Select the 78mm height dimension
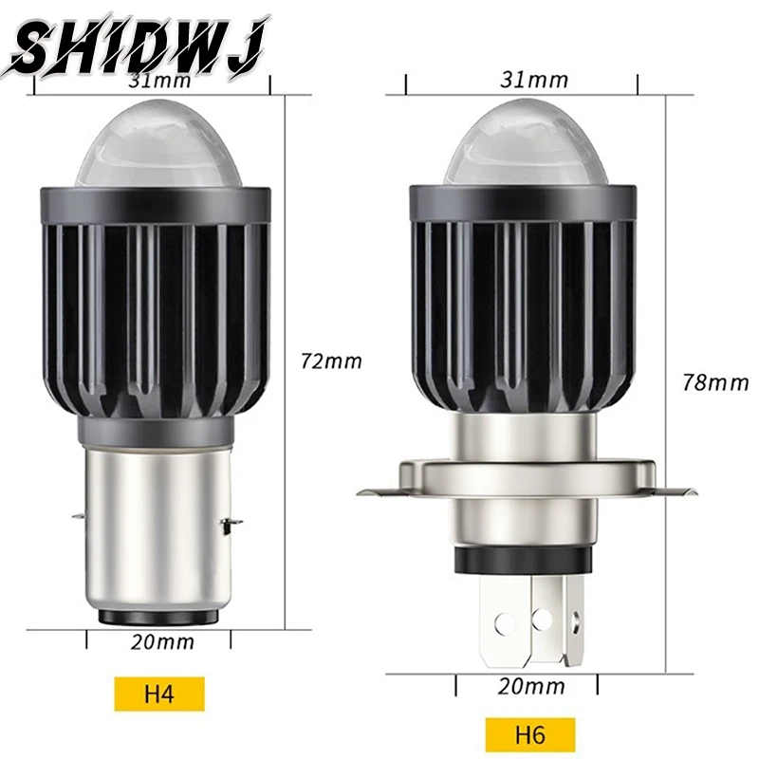[715, 382]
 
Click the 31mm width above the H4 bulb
[158, 80]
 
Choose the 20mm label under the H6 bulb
[529, 686]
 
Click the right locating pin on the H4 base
[230, 521]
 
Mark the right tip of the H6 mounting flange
[692, 492]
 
